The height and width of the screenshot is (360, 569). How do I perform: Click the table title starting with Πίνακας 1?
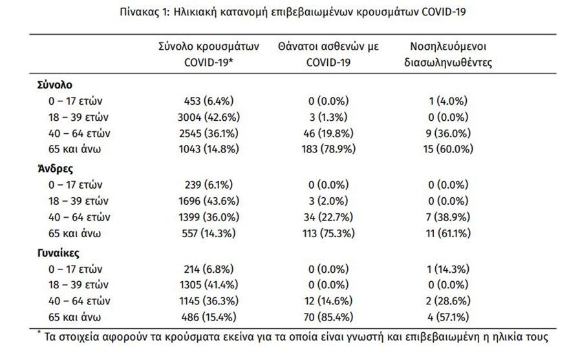pyautogui.click(x=292, y=12)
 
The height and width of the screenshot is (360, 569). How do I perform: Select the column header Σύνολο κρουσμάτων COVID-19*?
pyautogui.click(x=209, y=54)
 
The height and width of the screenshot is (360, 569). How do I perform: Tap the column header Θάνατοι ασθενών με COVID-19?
pyautogui.click(x=328, y=54)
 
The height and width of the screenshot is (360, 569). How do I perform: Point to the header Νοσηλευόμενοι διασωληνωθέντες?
pyautogui.click(x=448, y=54)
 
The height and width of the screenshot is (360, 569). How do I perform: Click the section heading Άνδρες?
pyautogui.click(x=55, y=169)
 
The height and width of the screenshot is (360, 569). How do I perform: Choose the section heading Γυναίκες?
pyautogui.click(x=58, y=253)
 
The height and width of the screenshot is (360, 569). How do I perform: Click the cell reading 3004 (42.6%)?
pyautogui.click(x=209, y=117)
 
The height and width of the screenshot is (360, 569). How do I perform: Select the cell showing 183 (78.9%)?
pyautogui.click(x=328, y=149)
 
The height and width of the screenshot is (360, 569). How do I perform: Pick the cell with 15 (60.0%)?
pyautogui.click(x=448, y=149)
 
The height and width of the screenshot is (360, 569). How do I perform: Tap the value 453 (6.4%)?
pyautogui.click(x=209, y=101)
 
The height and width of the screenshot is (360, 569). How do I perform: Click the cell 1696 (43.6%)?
pyautogui.click(x=209, y=201)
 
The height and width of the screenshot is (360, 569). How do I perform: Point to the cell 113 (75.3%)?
pyautogui.click(x=328, y=233)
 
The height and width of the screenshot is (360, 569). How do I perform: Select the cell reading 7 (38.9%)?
pyautogui.click(x=448, y=217)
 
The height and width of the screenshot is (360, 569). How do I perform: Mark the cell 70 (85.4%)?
pyautogui.click(x=328, y=317)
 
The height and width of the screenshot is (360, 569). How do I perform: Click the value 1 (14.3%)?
pyautogui.click(x=448, y=270)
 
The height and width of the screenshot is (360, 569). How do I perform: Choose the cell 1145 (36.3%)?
pyautogui.click(x=209, y=301)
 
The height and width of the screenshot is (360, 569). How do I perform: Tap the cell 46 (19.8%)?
pyautogui.click(x=328, y=133)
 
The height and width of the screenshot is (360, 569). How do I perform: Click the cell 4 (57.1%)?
pyautogui.click(x=448, y=317)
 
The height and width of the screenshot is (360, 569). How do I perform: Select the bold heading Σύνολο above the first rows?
pyautogui.click(x=55, y=85)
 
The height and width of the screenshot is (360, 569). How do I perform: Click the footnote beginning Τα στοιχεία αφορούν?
pyautogui.click(x=292, y=337)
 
